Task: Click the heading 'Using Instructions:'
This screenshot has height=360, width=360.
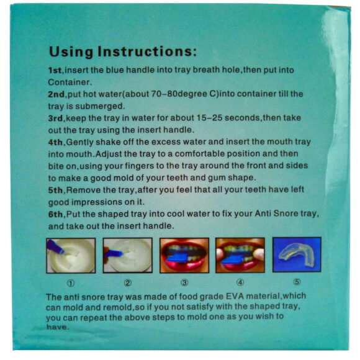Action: (123, 51)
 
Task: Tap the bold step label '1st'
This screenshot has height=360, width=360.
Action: (55, 70)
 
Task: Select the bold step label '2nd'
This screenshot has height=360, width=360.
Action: (56, 94)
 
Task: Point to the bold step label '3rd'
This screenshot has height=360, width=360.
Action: (55, 118)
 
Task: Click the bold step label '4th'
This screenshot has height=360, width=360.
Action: (55, 142)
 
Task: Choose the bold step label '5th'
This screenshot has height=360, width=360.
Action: (55, 190)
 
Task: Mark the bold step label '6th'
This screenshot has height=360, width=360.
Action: (55, 214)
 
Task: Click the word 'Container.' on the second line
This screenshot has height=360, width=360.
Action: (70, 82)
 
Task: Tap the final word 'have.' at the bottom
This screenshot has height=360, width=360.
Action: (57, 326)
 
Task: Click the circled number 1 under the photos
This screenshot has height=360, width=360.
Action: (71, 283)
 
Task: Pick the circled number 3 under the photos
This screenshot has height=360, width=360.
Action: (184, 282)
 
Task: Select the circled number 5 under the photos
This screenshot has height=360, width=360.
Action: (297, 282)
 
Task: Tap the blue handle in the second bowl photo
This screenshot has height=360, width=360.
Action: (114, 253)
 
